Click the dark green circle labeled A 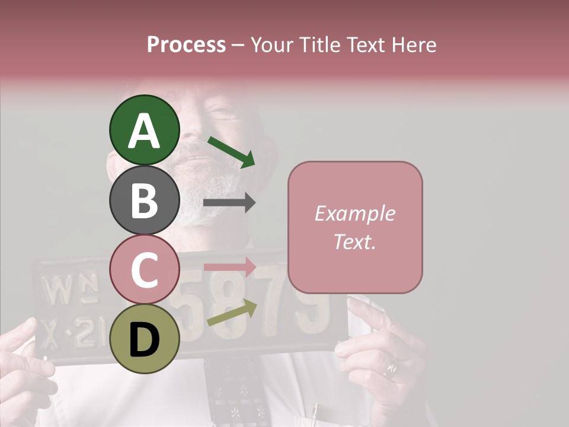tap(144, 130)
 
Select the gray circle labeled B tap(144, 200)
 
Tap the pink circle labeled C tap(144, 269)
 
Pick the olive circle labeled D tap(144, 339)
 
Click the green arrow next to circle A tap(231, 152)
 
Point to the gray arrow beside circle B tap(229, 203)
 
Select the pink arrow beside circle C tap(229, 266)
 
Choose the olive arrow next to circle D tap(231, 313)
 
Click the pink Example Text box tap(355, 227)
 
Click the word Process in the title tap(186, 44)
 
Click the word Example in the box tap(354, 213)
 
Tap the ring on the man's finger tap(390, 369)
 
